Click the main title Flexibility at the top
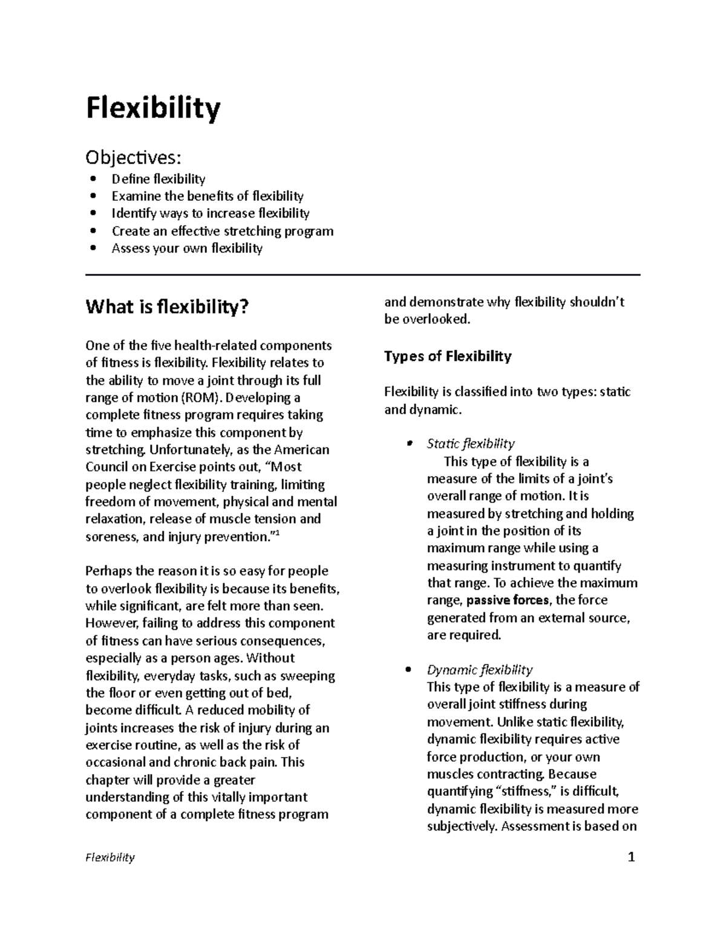pyautogui.click(x=153, y=109)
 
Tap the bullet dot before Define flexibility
pyautogui.click(x=93, y=179)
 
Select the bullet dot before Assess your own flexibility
pyautogui.click(x=93, y=249)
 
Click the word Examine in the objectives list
pyautogui.click(x=137, y=196)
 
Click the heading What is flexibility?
pyautogui.click(x=167, y=307)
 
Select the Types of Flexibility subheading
pyautogui.click(x=448, y=356)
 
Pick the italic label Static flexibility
pyautogui.click(x=471, y=444)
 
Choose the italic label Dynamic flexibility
pyautogui.click(x=480, y=670)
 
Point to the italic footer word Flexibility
pyautogui.click(x=110, y=857)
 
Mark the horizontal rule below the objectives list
pyautogui.click(x=363, y=275)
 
